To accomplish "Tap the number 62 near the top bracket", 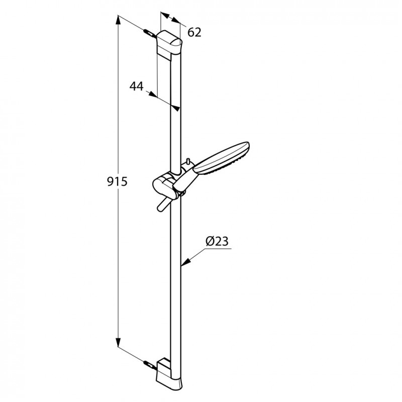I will [x=194, y=33].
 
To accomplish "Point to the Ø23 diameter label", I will [x=217, y=242].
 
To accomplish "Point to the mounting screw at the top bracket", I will [x=149, y=34].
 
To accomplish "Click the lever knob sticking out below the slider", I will [x=161, y=206].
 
